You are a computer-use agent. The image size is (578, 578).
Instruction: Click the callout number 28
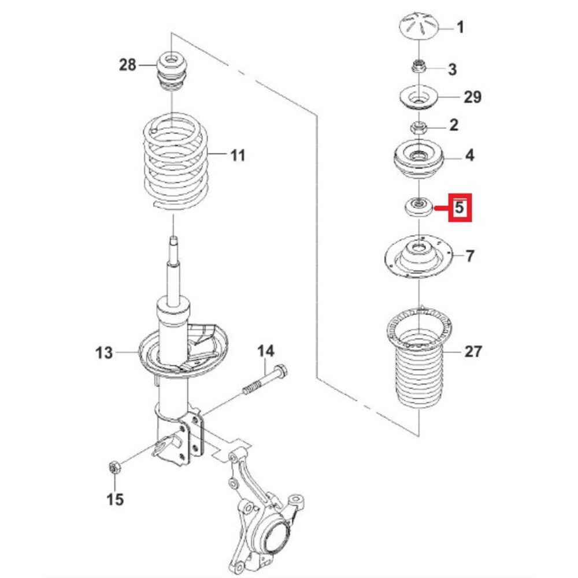click(128, 65)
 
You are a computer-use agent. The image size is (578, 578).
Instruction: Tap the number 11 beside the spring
click(238, 155)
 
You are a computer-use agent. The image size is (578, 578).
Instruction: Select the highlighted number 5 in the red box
click(460, 207)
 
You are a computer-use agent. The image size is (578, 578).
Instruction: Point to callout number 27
click(473, 351)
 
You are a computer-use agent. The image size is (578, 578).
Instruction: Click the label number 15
click(115, 499)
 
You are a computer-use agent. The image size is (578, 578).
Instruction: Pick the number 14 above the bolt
click(266, 351)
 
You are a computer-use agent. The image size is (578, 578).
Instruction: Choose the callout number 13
click(103, 353)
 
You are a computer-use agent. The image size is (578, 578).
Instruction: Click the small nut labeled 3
click(418, 67)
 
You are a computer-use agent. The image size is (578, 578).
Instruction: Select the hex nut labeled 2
click(418, 128)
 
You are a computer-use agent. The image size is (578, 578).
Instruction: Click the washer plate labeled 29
click(418, 98)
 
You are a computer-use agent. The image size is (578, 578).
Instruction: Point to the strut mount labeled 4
click(418, 159)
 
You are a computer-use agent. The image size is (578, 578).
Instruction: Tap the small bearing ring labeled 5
click(418, 207)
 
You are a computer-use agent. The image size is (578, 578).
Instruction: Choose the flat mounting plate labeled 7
click(418, 256)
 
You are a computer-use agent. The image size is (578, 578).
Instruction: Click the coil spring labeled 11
click(176, 161)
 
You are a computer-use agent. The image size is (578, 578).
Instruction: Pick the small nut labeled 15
click(114, 467)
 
